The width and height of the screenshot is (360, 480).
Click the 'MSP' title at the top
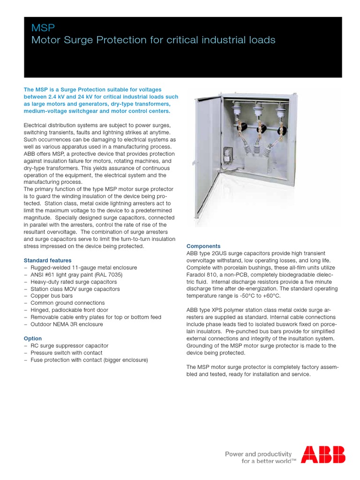coord(40,29)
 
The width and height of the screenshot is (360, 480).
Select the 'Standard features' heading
coord(47,260)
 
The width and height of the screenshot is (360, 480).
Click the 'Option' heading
coord(33,338)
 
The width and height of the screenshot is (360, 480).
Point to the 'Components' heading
coord(203,246)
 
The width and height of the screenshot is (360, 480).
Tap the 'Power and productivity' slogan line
coord(259,454)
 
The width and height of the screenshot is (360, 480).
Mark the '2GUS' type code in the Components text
coord(215,253)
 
